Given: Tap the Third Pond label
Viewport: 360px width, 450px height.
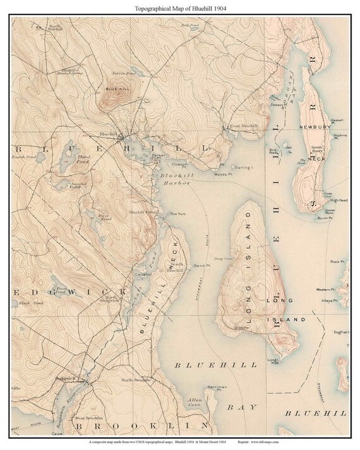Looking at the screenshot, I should point(83,158).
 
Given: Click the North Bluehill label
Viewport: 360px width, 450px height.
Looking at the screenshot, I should point(54,27).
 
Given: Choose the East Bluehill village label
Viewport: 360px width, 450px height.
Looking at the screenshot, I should point(243,126).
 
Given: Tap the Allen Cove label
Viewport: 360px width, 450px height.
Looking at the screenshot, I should point(195,403).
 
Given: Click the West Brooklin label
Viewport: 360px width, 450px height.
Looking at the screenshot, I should point(88,418).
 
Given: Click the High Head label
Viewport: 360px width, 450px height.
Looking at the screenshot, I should point(339,200).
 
